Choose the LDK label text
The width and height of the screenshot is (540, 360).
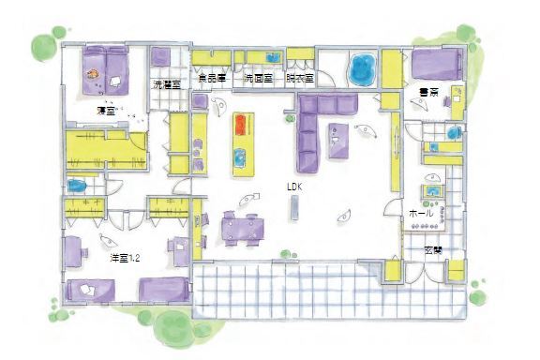(294, 187)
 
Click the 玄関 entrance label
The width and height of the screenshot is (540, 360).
(432, 251)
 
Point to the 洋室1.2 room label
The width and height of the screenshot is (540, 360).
(97, 254)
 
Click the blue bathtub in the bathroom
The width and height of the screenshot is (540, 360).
(361, 68)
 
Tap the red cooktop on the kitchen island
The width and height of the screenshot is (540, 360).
(240, 124)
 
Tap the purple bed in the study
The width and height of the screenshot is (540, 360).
(432, 66)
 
